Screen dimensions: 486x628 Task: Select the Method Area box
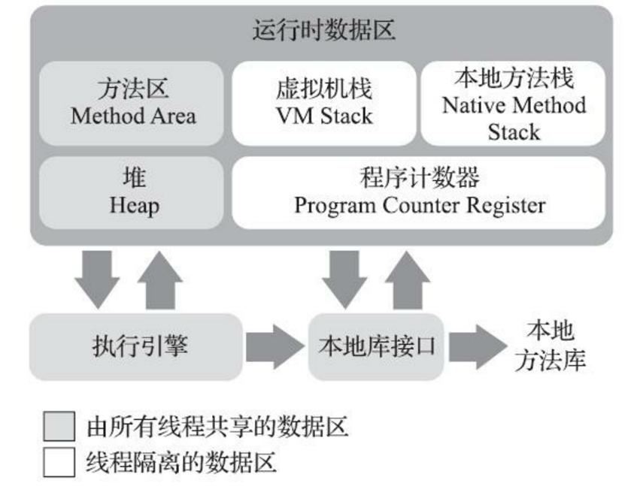pos(132,103)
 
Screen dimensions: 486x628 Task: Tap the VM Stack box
pos(323,103)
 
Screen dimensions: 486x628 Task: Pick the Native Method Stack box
pos(514,103)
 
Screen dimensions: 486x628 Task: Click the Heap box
pos(132,192)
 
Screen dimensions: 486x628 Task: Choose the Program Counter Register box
pos(418,192)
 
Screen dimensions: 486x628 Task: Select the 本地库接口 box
pos(376,346)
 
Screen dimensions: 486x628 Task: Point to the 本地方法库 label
pos(550,346)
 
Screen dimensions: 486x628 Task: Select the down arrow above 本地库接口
pos(344,278)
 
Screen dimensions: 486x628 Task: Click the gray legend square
pos(59,427)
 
